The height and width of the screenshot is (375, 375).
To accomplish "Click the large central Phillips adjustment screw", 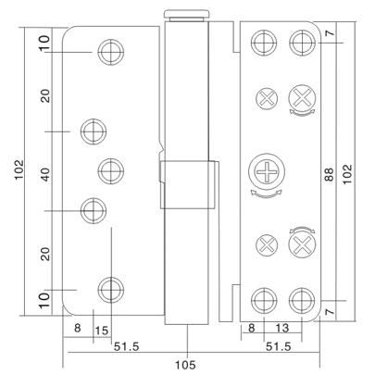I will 263,172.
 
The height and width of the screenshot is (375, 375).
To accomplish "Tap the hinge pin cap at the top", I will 184,15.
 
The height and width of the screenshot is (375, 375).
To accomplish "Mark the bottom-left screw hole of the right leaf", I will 263,298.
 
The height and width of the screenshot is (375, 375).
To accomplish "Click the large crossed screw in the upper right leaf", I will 301,96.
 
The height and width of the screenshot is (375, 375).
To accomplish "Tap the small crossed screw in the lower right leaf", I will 264,245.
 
